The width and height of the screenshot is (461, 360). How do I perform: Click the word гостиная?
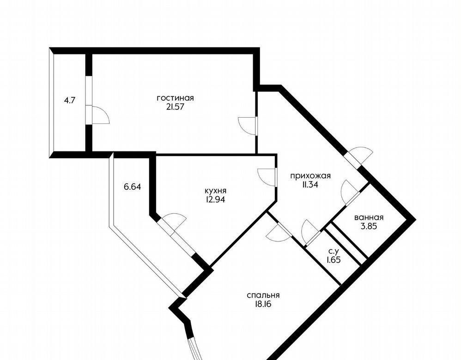click(175, 98)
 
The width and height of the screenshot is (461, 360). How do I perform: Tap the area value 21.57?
click(175, 107)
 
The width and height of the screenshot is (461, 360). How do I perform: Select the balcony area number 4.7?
click(70, 100)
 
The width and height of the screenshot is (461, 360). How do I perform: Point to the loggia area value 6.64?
click(132, 186)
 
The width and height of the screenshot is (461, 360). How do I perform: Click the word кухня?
click(216, 191)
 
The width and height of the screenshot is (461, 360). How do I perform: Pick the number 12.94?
click(216, 199)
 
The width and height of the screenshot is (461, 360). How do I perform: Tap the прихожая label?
click(310, 176)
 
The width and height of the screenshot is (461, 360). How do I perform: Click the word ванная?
click(369, 217)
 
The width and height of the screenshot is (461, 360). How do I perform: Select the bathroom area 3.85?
click(369, 226)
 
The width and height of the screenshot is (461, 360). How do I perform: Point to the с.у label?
click(334, 251)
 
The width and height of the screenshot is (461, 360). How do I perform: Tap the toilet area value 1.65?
click(334, 260)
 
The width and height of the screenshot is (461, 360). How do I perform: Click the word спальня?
click(263, 295)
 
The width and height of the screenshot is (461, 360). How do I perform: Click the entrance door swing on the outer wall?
click(362, 155)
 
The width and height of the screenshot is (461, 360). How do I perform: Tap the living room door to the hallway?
click(247, 126)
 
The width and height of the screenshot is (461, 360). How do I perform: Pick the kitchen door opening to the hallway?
click(267, 177)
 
